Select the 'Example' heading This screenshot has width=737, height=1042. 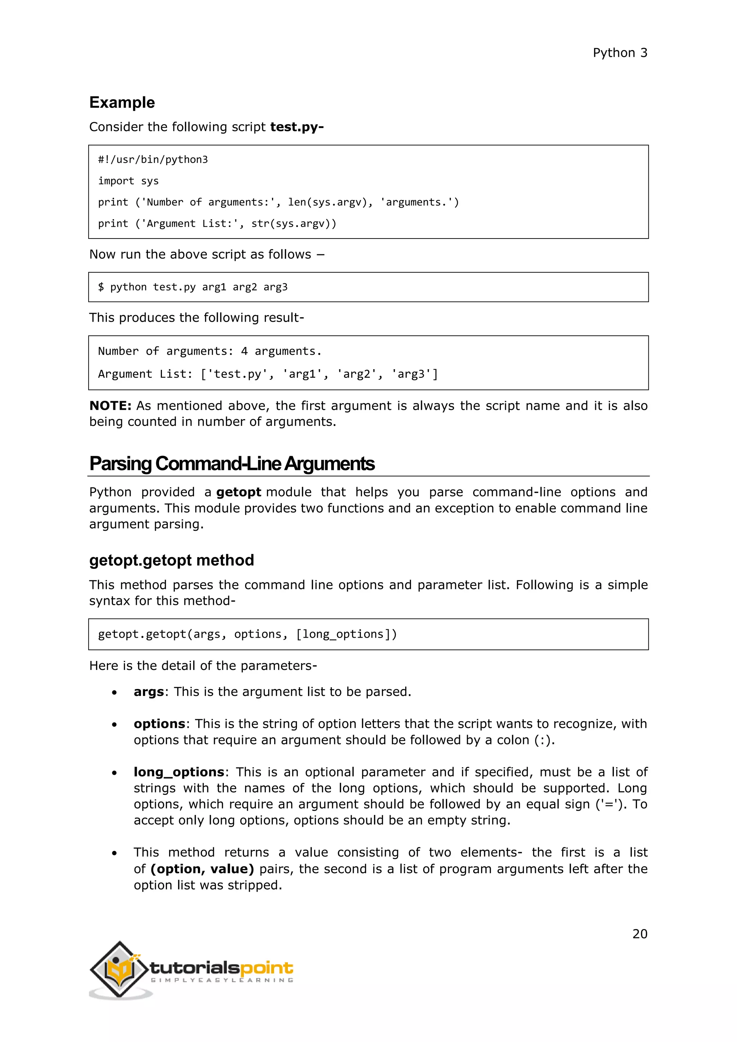tap(122, 103)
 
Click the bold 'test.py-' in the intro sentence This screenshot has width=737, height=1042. tap(297, 127)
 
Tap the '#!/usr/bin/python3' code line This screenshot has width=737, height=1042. tap(153, 160)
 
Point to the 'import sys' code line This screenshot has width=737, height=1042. tap(128, 181)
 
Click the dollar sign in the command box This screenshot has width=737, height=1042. tap(101, 287)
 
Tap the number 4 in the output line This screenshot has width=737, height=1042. tap(244, 351)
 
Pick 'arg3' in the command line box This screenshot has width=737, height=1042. tap(275, 287)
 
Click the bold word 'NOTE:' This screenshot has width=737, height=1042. tap(110, 406)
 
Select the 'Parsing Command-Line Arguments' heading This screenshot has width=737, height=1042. tap(231, 464)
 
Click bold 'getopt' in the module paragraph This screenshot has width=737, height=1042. tap(238, 493)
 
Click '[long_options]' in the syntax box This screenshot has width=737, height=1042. tap(346, 634)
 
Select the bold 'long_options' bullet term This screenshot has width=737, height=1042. tap(179, 772)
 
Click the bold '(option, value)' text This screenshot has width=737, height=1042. tap(202, 869)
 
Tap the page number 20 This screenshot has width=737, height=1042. tap(639, 934)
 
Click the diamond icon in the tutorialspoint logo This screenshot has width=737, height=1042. tap(119, 969)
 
